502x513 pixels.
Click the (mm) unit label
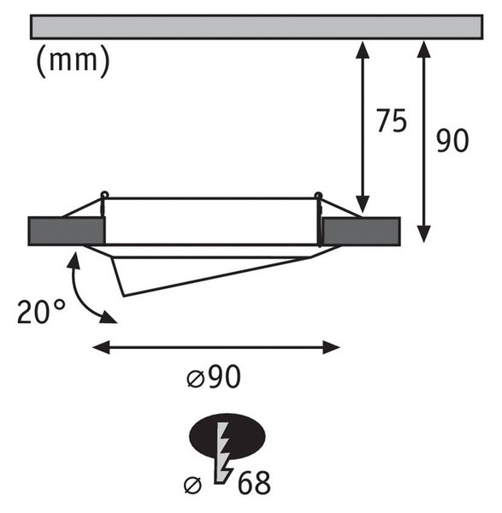(x=73, y=61)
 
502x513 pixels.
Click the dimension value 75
(x=392, y=121)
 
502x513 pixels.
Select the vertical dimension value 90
(x=452, y=140)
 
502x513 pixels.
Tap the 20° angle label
(x=41, y=311)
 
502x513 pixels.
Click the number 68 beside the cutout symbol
(x=254, y=482)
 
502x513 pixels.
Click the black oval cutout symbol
(x=227, y=436)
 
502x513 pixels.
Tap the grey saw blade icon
(x=223, y=453)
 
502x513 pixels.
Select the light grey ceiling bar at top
(x=257, y=27)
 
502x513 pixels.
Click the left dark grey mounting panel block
(x=67, y=231)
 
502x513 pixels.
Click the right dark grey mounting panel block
(x=361, y=231)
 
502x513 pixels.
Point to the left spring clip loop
(x=104, y=194)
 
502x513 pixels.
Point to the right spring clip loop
(x=318, y=195)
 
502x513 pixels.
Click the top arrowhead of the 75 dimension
(x=363, y=49)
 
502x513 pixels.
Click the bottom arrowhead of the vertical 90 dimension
(x=424, y=234)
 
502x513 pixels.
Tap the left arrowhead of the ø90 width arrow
(x=101, y=347)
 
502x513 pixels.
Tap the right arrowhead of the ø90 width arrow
(x=332, y=347)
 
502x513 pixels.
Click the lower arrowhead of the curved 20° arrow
(x=109, y=318)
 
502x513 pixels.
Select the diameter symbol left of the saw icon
(x=192, y=485)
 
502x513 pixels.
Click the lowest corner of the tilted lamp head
(x=124, y=296)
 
